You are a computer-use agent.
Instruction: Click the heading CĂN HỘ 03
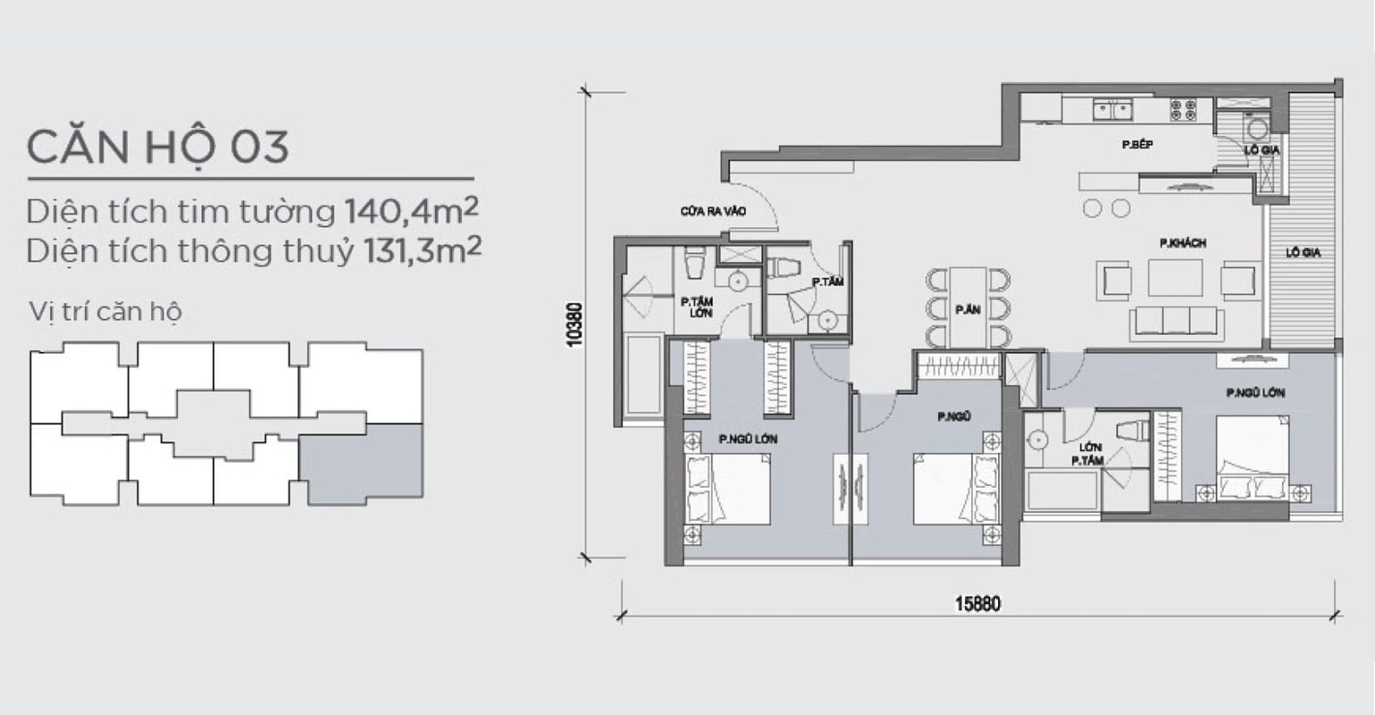click(158, 148)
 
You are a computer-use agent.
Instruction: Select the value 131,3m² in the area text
click(423, 251)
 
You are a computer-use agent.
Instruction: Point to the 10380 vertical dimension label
click(575, 325)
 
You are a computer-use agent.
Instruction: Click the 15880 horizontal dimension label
click(978, 604)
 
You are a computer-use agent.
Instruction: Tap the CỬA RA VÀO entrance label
click(713, 211)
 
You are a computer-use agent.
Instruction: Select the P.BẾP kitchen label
click(1138, 145)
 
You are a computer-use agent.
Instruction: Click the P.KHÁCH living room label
click(1183, 243)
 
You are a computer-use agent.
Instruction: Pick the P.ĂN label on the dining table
click(968, 310)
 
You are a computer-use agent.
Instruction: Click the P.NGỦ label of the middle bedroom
click(954, 417)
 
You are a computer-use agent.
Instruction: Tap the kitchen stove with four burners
click(1183, 110)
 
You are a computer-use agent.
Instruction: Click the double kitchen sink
click(1113, 110)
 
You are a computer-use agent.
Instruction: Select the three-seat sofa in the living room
click(1177, 322)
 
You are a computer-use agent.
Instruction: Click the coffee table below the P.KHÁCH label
click(1175, 277)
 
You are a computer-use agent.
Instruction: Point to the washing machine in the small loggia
click(1257, 128)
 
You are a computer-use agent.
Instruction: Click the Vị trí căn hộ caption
click(106, 311)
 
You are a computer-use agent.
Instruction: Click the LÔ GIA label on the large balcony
click(1303, 252)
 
